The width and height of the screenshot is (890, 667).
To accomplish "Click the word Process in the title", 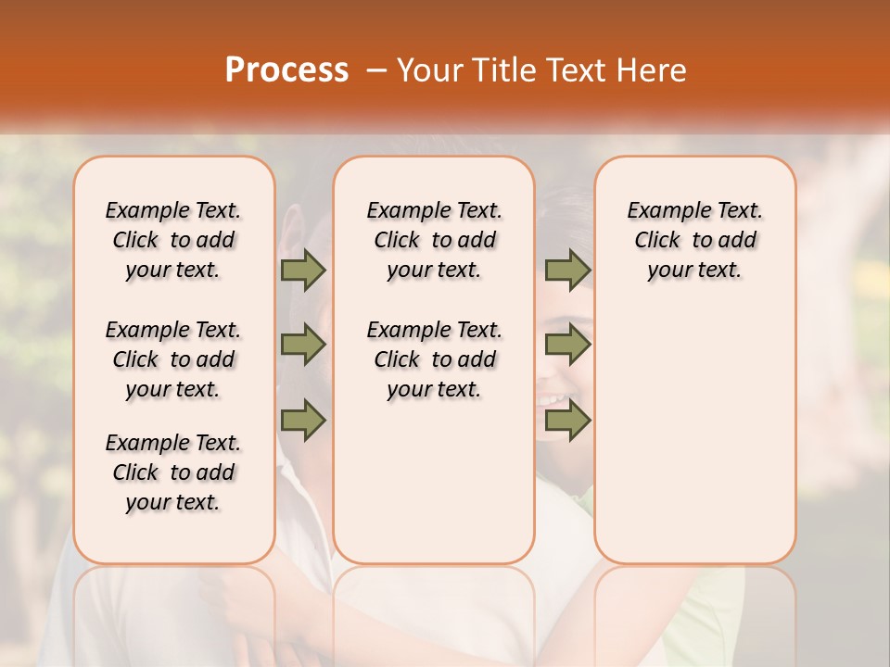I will pos(286,70).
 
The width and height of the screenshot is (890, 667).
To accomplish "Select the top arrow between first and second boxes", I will pos(303,271).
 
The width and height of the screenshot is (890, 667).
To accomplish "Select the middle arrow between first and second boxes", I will pos(303,345).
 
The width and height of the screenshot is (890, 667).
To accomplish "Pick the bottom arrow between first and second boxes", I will pos(303,420).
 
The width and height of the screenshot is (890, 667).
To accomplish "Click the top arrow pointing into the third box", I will pos(567,271).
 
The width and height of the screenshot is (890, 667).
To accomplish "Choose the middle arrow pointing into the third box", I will pos(567,345).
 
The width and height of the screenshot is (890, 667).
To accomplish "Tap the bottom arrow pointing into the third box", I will pos(567,420).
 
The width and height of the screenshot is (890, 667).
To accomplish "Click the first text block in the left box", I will pos(173,240).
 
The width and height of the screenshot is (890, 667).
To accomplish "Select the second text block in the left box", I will pos(173,359).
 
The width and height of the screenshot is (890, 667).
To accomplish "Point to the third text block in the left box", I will pos(173,472).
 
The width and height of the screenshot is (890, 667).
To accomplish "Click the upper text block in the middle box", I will pos(434,240).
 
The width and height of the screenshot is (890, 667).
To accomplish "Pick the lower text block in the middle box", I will pos(434,359).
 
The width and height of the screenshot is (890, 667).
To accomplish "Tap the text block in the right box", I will pos(694,240).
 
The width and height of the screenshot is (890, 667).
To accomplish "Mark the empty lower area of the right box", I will pos(694,426).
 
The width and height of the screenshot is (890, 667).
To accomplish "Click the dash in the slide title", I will pos(375,70).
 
